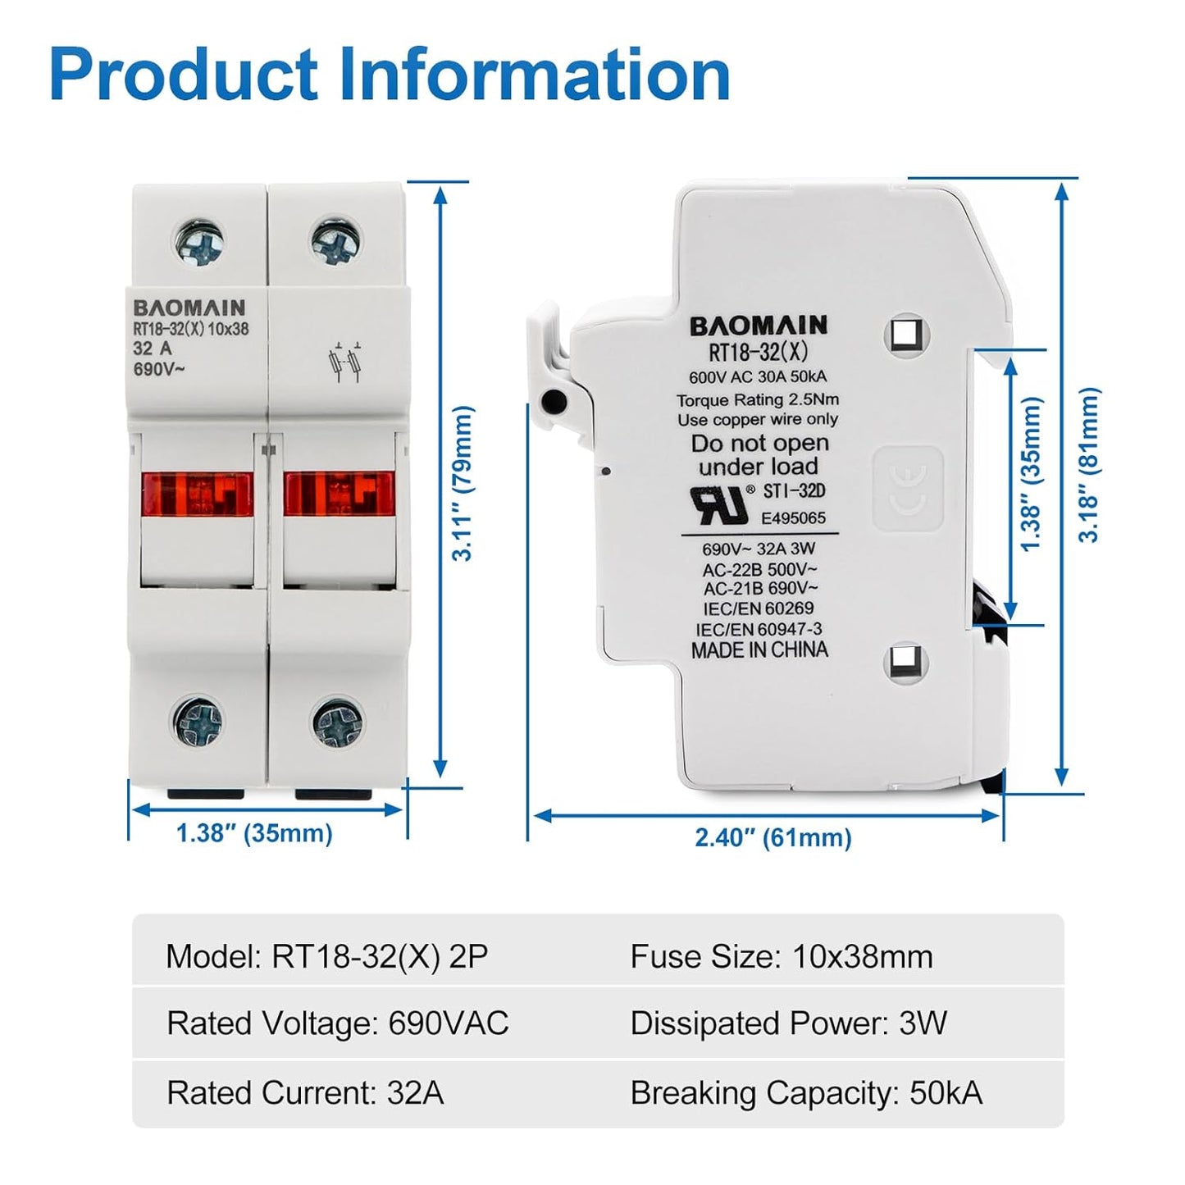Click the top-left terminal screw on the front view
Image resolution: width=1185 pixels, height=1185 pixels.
tap(199, 242)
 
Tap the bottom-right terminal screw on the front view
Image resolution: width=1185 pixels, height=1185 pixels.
tap(337, 722)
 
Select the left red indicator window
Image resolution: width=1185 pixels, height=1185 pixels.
tap(197, 494)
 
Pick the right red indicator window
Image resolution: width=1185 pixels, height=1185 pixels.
tap(339, 494)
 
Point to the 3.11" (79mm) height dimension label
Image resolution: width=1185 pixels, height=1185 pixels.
tap(463, 483)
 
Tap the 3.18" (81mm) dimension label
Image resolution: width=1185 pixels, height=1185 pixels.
tap(1089, 465)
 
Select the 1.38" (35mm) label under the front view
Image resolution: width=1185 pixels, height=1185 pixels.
tap(254, 834)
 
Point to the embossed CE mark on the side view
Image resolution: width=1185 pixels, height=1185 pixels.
tap(907, 489)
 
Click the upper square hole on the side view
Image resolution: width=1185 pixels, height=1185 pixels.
tap(907, 335)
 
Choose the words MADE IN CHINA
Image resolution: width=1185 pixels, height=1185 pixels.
tap(759, 650)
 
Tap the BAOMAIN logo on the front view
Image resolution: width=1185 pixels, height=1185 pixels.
tap(189, 308)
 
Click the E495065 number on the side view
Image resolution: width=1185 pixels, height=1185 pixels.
tap(793, 518)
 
